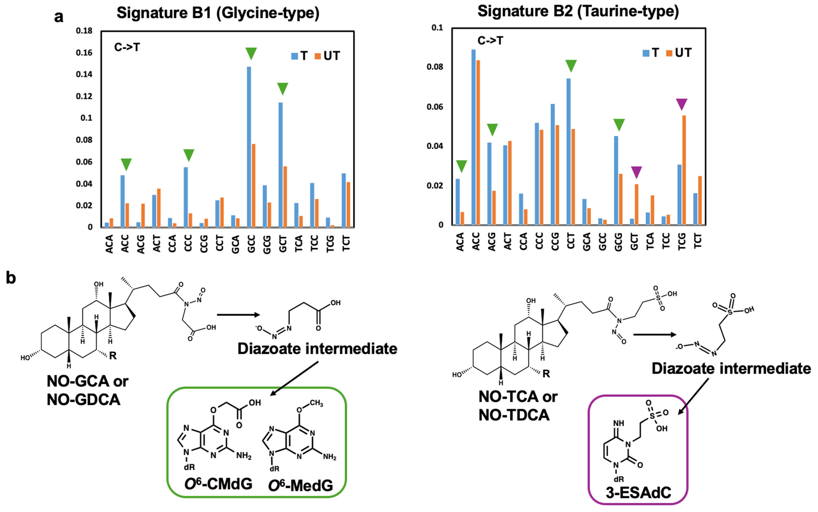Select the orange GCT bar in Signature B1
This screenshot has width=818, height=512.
pos(285,196)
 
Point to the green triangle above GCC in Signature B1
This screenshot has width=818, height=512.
pos(251,53)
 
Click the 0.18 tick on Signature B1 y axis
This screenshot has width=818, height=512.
pos(84,31)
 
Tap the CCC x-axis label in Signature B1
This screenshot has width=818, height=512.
pos(188,243)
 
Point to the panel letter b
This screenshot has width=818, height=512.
pos(11,278)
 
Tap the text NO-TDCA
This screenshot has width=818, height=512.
pos(514,415)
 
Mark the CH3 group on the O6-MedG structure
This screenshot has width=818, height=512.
pos(316,403)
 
